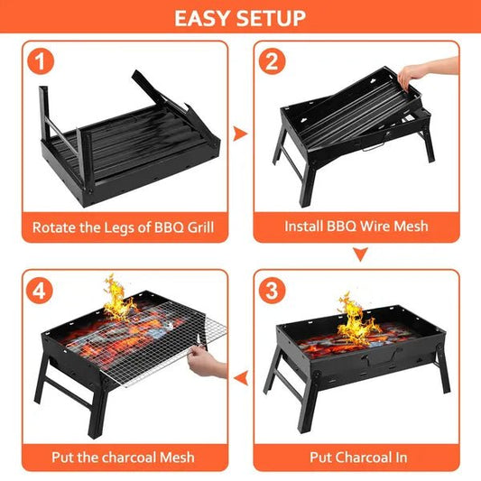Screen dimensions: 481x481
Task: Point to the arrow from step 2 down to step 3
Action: pos(361,256)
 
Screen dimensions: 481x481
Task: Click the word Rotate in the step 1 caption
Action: pos(55,227)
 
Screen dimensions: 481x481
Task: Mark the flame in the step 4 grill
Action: pos(116,298)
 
